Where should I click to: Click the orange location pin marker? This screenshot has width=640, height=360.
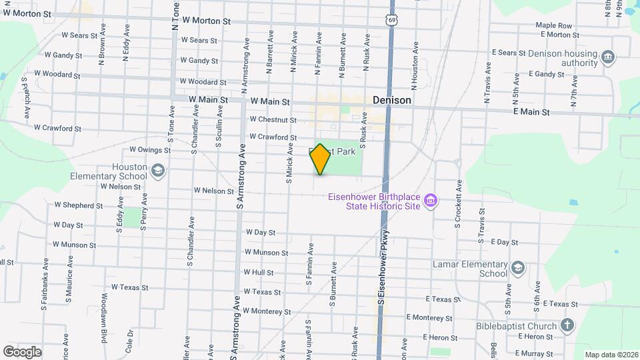pyautogui.click(x=320, y=159)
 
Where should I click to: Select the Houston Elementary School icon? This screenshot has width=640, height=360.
pyautogui.click(x=157, y=171)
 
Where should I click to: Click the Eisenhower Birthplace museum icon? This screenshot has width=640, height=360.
pyautogui.click(x=431, y=201)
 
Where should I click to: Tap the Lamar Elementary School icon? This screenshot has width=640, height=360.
pyautogui.click(x=518, y=268)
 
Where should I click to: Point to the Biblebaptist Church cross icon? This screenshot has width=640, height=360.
pyautogui.click(x=567, y=325)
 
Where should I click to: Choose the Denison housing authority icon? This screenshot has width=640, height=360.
pyautogui.click(x=607, y=57)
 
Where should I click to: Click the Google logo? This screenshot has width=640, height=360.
pyautogui.click(x=22, y=351)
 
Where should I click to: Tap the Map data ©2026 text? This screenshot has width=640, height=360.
pyautogui.click(x=611, y=355)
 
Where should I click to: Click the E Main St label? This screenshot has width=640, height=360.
pyautogui.click(x=531, y=113)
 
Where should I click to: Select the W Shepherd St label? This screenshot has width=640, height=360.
pyautogui.click(x=74, y=206)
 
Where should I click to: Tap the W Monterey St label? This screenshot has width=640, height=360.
pyautogui.click(x=267, y=311)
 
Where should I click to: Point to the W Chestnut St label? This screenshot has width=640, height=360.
pyautogui.click(x=273, y=120)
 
